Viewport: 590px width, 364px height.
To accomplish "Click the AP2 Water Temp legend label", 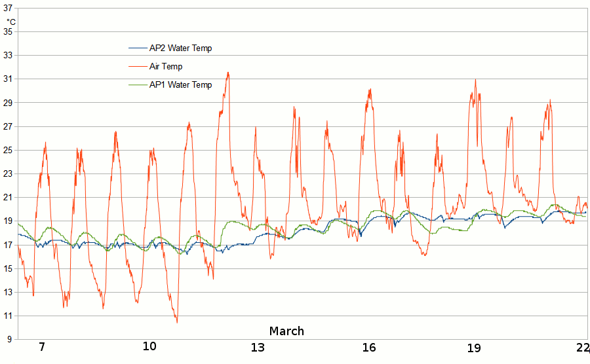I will coord(180,48).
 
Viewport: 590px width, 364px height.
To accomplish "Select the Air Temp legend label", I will coord(166,66).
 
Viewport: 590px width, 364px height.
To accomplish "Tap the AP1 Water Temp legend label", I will coord(180,84).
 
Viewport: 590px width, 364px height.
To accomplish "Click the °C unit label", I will coord(11,22).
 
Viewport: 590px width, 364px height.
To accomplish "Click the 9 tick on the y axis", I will coord(11,340).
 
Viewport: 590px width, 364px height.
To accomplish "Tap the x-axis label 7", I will coord(42,347).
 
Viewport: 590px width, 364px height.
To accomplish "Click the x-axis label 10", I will coord(149,347).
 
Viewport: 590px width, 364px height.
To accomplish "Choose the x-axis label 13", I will coord(258,347).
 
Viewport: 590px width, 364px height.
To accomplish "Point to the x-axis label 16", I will coord(368,347).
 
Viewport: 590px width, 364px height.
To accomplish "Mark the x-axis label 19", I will coord(474,347).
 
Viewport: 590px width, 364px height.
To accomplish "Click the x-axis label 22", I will coord(582,347).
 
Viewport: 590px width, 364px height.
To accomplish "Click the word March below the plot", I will coord(286,331).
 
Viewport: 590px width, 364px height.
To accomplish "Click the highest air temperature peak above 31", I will coord(228,73).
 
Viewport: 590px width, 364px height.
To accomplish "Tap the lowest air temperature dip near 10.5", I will coord(177,321).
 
